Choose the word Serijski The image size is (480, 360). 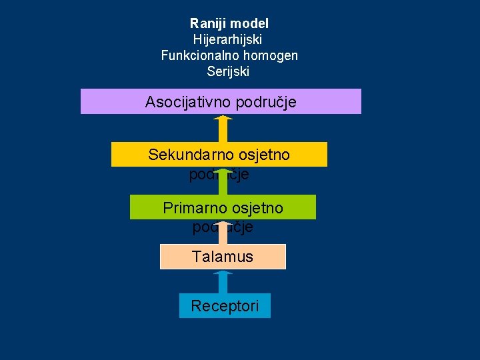228,71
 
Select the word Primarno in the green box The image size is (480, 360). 195,208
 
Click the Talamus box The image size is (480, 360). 223,257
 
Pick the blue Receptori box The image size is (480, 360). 225,306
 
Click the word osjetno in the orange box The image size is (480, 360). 265,155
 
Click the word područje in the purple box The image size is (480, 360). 264,102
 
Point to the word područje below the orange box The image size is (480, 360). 219,175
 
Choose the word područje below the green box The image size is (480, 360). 223,227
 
